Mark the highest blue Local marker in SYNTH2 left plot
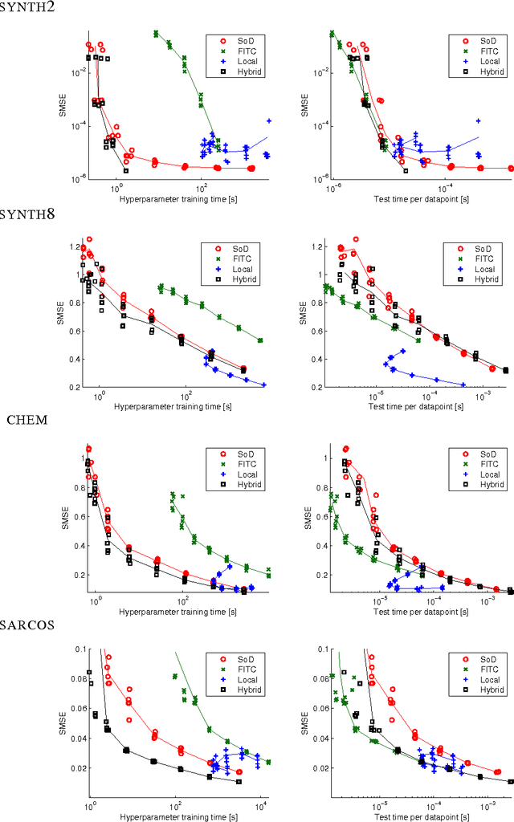(x=269, y=120)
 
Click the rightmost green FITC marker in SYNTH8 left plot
(x=260, y=340)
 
